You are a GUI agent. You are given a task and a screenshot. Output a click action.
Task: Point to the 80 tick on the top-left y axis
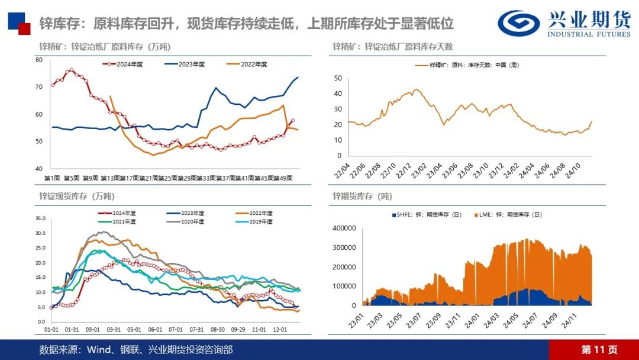pyautogui.click(x=38, y=60)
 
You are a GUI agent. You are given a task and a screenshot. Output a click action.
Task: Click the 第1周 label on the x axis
pyautogui.click(x=52, y=178)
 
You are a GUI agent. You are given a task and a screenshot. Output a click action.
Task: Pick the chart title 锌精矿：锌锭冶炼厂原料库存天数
pyautogui.click(x=392, y=46)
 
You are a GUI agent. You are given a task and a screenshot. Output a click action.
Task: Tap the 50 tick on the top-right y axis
pyautogui.click(x=338, y=78)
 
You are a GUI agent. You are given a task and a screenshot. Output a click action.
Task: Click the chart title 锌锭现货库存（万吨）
pyautogui.click(x=77, y=196)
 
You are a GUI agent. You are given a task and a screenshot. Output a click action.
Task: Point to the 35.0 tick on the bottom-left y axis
pyautogui.click(x=40, y=218)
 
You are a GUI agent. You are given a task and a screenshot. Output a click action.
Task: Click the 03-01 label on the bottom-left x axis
pyautogui.click(x=92, y=329)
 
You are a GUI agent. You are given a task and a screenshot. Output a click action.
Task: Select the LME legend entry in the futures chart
pyautogui.click(x=501, y=215)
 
